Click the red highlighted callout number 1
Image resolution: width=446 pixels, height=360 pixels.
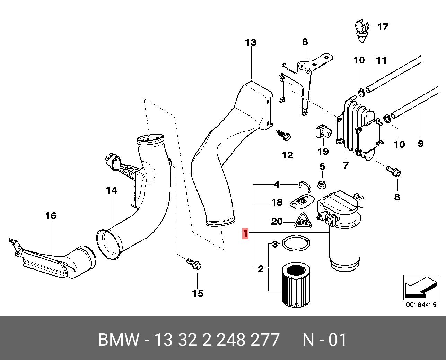pos(245,233)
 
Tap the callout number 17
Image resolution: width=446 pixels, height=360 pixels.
pos(383,27)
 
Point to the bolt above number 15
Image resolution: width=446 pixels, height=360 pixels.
pos(194,264)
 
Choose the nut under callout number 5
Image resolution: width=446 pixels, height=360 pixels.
pos(322,185)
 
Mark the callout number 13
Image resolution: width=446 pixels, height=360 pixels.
pos(251,43)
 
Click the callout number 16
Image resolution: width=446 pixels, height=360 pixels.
pos(51,216)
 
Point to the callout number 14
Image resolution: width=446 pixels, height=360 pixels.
pos(112,190)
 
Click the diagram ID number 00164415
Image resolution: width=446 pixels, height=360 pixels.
pos(421,305)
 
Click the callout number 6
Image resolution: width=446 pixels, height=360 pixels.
pos(305,42)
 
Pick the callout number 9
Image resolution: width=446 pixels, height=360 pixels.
pos(420,143)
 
